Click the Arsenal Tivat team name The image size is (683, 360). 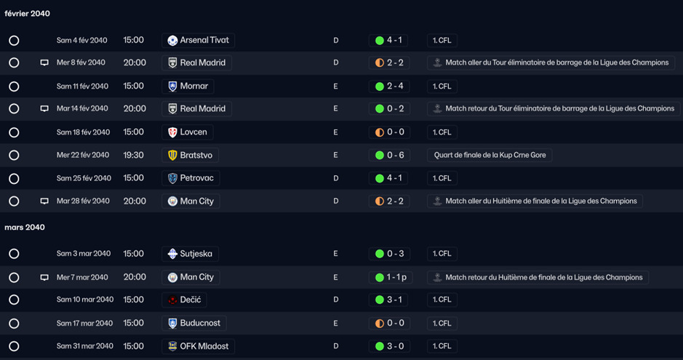[x=204, y=40]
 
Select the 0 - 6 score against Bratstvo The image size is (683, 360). [x=395, y=155]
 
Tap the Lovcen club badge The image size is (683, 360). [x=172, y=132]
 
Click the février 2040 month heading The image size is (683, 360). [x=27, y=14]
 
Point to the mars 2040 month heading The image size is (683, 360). [x=25, y=227]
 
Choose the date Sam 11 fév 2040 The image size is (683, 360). [x=82, y=87]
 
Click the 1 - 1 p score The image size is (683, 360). [x=396, y=277]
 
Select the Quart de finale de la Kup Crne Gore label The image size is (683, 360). [x=490, y=155]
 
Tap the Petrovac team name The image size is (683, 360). [x=197, y=178]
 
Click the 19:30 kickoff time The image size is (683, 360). [x=133, y=155]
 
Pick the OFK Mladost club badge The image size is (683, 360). [x=172, y=346]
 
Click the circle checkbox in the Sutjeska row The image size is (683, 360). [x=14, y=254]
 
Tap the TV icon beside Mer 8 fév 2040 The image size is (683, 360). [x=44, y=63]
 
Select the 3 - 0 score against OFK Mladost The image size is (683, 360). [x=395, y=346]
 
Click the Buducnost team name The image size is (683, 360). [x=200, y=323]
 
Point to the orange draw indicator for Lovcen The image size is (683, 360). [x=380, y=132]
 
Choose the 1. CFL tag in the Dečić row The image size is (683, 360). [x=442, y=300]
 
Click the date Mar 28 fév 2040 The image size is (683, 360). [x=83, y=201]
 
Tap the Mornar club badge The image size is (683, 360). [x=172, y=87]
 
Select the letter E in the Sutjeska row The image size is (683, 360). [x=335, y=254]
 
